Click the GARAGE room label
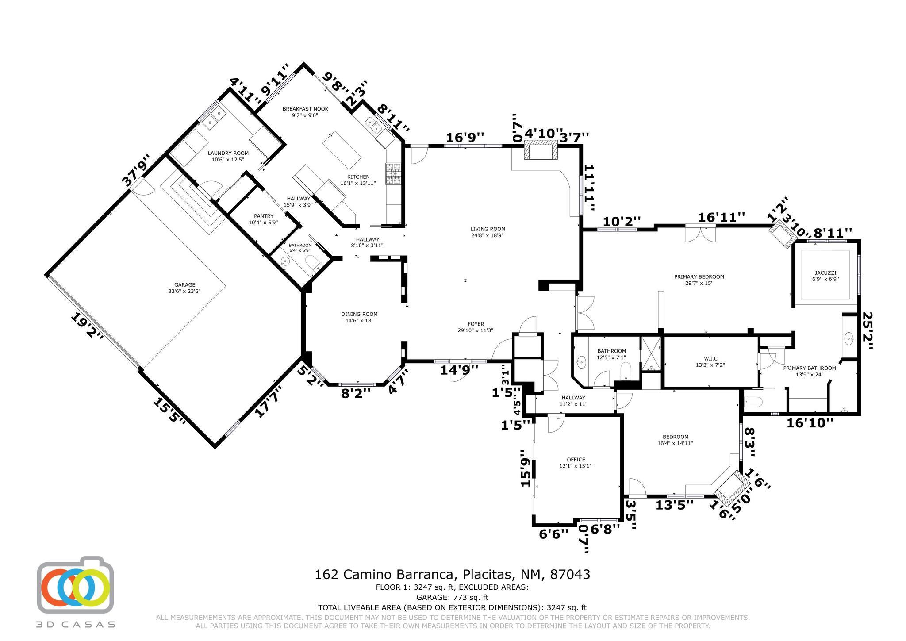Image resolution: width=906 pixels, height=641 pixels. click(x=184, y=285)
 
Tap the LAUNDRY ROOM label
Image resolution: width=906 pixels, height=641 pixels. click(x=228, y=153)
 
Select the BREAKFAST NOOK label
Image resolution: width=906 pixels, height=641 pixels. click(x=305, y=109)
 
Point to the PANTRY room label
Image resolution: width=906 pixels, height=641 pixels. click(x=264, y=216)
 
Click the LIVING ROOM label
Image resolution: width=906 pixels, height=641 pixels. click(x=488, y=229)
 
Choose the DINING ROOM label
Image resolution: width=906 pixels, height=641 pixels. click(x=359, y=314)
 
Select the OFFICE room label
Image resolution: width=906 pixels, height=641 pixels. click(x=576, y=460)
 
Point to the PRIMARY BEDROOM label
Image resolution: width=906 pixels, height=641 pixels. click(x=699, y=277)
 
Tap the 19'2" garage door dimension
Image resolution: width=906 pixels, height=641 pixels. click(x=87, y=326)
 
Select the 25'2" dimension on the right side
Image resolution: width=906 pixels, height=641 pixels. click(x=868, y=331)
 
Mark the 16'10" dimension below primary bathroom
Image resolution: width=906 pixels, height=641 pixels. click(x=810, y=423)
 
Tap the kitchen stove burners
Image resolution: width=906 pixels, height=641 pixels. click(x=393, y=174)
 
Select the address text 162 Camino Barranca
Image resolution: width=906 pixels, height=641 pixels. click(x=385, y=575)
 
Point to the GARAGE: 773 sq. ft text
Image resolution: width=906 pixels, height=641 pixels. click(x=453, y=598)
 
